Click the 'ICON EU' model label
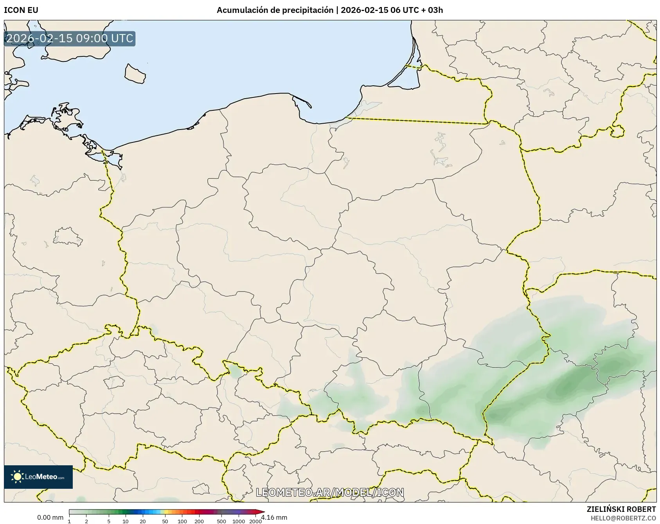click(x=21, y=10)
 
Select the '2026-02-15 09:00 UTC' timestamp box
click(x=70, y=39)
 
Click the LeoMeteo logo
click(x=38, y=477)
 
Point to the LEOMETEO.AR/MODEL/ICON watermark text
click(x=330, y=492)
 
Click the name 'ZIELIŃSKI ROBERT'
click(x=621, y=509)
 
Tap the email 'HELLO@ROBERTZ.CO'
click(x=623, y=518)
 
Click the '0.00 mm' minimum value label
click(x=50, y=518)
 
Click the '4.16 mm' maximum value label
click(x=274, y=518)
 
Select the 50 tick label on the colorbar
click(x=165, y=521)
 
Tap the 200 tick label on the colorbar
click(x=199, y=521)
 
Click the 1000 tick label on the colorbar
click(x=239, y=521)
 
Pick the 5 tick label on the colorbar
click(x=109, y=521)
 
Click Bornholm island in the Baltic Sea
click(x=135, y=74)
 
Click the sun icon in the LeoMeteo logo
click(x=18, y=477)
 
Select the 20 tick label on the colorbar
click(x=143, y=521)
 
